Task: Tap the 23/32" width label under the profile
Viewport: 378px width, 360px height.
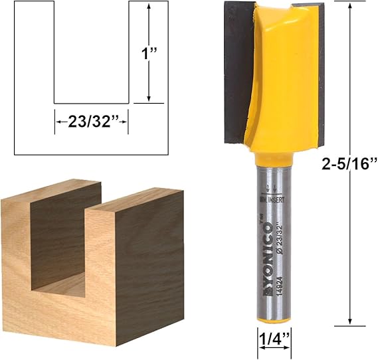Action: point(90,122)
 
